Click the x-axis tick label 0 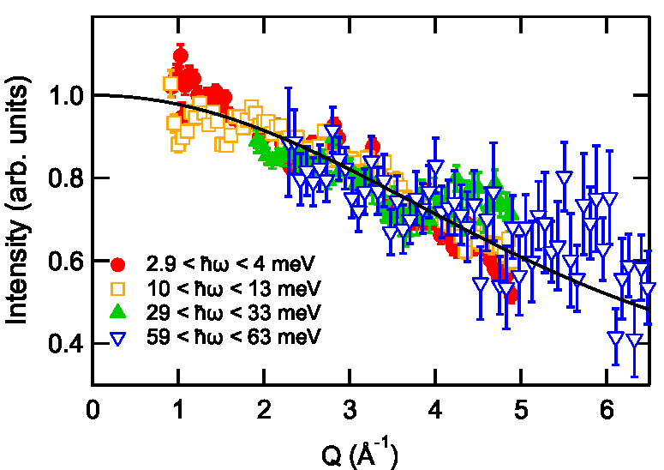93,410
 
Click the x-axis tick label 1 179,410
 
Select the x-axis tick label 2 264,410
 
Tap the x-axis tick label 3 350,410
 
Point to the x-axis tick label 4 435,410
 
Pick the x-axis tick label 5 521,410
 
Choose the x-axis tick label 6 607,410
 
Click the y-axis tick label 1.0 66,96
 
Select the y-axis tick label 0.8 66,178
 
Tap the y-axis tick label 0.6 66,261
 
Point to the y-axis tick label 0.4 66,343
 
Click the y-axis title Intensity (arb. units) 17,200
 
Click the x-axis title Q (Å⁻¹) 360,455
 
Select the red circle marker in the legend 117,265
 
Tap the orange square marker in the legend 117,289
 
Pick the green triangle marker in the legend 117,312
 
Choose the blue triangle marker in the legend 117,339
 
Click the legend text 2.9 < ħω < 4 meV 230,264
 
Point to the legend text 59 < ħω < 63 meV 234,337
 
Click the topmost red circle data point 181,56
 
